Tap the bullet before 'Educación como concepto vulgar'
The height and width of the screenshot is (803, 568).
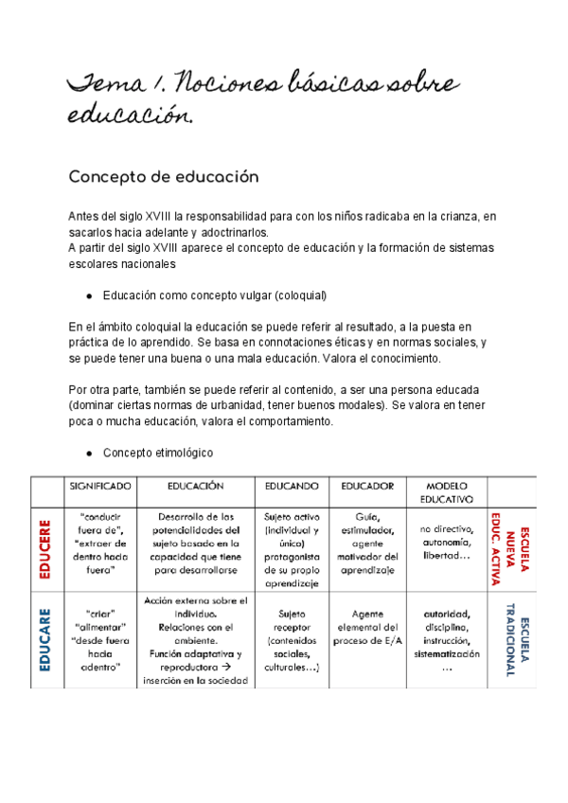tap(87, 294)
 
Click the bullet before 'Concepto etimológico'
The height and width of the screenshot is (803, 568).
tap(87, 452)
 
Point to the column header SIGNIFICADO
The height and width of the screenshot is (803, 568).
tap(99, 486)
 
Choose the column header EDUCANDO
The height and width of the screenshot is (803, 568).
tap(291, 486)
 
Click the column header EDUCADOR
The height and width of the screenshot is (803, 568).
tap(366, 486)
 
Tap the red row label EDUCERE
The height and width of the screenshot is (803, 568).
tap(45, 546)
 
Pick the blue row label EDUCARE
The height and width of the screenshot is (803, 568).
tap(45, 639)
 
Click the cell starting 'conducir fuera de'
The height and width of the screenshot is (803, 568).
tap(99, 544)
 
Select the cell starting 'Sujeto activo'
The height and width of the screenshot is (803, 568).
tap(291, 544)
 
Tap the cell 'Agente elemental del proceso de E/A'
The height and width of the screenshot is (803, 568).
tap(366, 626)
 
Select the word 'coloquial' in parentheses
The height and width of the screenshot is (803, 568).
tap(298, 294)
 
